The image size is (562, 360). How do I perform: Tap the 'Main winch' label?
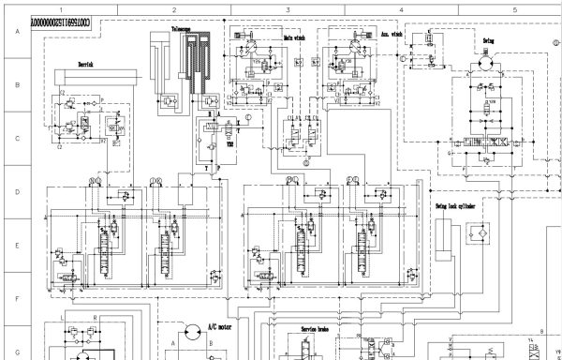(295, 38)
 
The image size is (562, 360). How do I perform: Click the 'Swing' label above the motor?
(489, 41)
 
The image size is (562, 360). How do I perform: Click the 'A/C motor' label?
(220, 328)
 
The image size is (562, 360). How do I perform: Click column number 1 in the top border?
(61, 8)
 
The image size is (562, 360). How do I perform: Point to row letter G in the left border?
(15, 329)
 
